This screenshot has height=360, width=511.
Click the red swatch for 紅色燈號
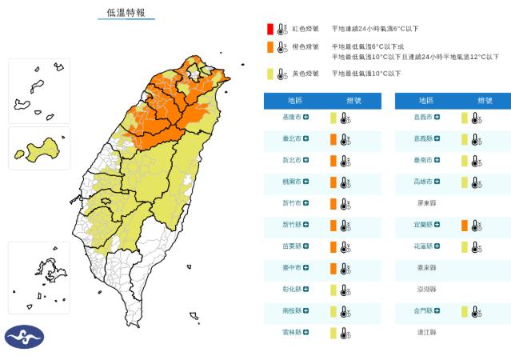(x=270, y=29)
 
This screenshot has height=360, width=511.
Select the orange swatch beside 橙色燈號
(x=270, y=47)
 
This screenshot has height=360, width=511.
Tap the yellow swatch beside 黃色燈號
(x=270, y=74)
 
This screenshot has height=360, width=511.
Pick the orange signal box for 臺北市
(x=333, y=139)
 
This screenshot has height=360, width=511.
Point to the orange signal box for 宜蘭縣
(x=464, y=226)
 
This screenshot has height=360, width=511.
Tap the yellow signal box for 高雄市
(x=464, y=182)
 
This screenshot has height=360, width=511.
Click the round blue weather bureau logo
(x=24, y=337)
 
